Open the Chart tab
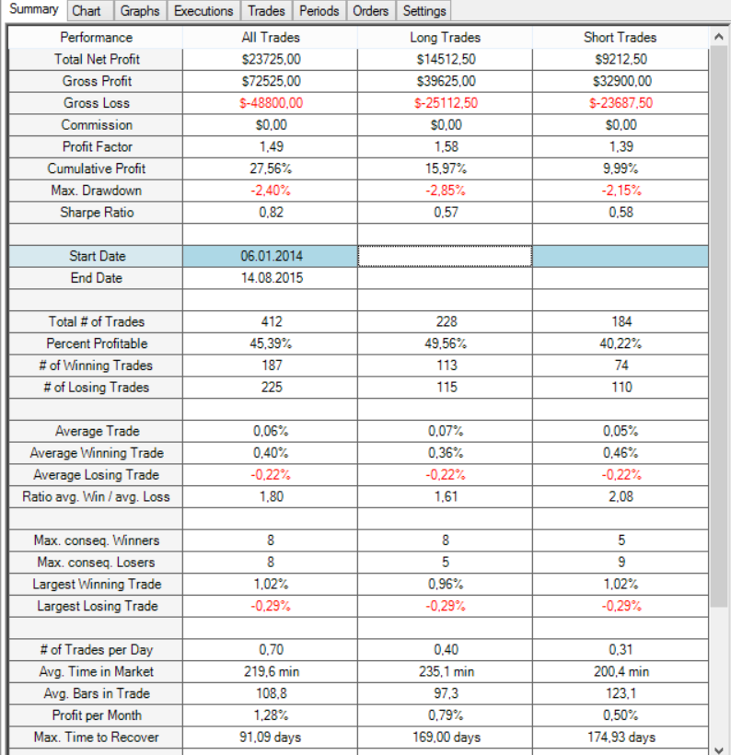click(x=87, y=11)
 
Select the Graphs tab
click(x=140, y=11)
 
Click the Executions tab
click(x=203, y=11)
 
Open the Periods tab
click(x=319, y=11)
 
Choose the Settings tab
click(x=424, y=11)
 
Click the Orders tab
click(x=370, y=11)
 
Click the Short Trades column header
click(x=621, y=38)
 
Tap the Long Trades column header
click(x=446, y=38)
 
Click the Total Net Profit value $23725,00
click(x=271, y=59)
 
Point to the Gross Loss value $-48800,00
click(x=271, y=103)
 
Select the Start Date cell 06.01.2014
click(x=271, y=256)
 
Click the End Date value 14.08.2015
click(x=273, y=278)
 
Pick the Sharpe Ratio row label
click(x=97, y=213)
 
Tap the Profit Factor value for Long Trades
click(x=446, y=147)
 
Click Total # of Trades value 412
click(x=272, y=321)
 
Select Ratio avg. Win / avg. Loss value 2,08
click(x=621, y=496)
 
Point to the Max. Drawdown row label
click(x=97, y=191)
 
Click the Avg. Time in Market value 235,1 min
click(x=447, y=671)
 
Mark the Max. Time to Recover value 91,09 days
click(x=270, y=738)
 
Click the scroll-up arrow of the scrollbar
click(x=719, y=37)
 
